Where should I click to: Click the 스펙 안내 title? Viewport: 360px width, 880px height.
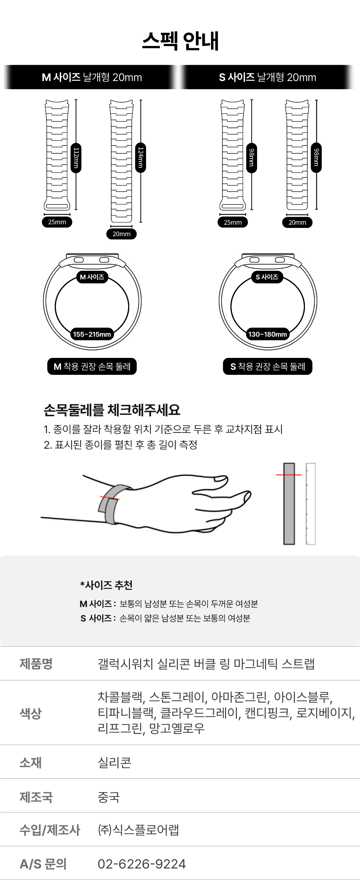[180, 41]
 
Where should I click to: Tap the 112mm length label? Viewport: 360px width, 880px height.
[76, 158]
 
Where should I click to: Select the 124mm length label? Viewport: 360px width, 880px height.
[141, 158]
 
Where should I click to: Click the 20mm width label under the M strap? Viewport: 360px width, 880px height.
[121, 234]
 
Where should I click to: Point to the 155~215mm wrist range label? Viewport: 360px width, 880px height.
[92, 334]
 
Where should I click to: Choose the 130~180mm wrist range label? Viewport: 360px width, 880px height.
[267, 334]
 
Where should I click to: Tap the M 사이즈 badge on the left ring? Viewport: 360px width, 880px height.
[92, 277]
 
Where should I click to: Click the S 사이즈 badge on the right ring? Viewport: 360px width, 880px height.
[267, 277]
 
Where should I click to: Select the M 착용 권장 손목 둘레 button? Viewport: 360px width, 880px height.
[92, 367]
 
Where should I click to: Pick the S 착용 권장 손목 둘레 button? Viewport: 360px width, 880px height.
[267, 367]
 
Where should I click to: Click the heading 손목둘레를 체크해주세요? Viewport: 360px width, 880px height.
[112, 410]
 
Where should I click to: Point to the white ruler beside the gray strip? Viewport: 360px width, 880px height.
[310, 503]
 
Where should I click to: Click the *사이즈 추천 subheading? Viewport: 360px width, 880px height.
[106, 585]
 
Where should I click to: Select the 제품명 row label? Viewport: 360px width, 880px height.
[36, 663]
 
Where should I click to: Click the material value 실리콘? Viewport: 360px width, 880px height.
[114, 762]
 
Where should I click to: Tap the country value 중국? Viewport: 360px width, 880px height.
[109, 797]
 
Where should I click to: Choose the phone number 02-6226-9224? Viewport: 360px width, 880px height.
[142, 863]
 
